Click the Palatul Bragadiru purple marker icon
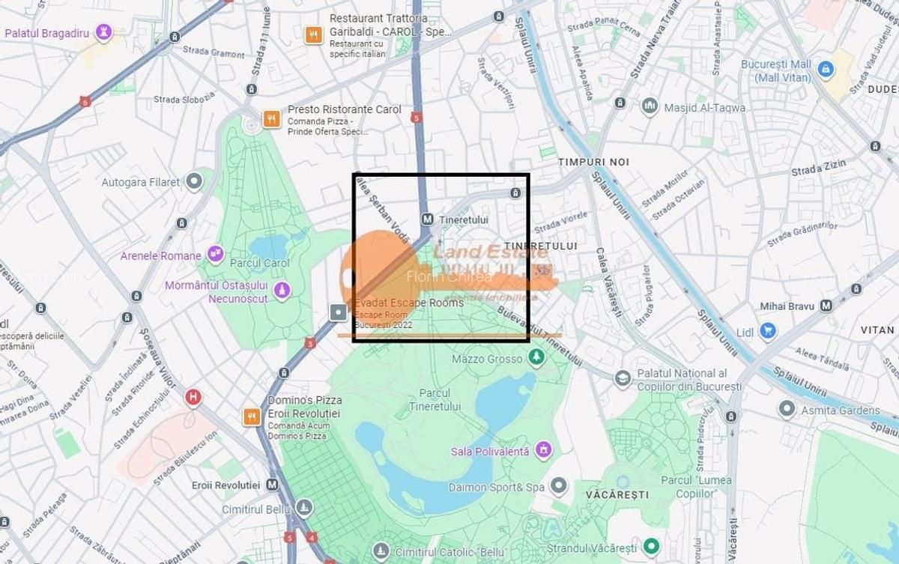coord(103,32)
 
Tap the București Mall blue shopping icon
coord(826,70)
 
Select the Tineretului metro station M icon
coord(427,219)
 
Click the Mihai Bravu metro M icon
coord(826,306)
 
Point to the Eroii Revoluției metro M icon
coord(272,485)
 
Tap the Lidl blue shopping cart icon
coord(766,330)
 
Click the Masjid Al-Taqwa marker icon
coord(650,107)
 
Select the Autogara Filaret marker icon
coord(195,181)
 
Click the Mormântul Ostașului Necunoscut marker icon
coord(282,289)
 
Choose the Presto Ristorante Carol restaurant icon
coord(271,118)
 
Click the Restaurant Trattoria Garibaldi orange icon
coord(313,34)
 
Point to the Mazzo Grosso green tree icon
coord(536,359)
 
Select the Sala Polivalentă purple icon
coord(544,451)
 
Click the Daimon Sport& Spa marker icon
coord(559,487)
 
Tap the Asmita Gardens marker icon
coord(786,410)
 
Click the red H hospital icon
coord(193,397)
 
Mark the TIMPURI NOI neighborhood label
coord(593,162)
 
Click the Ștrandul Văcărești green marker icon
coord(651,547)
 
